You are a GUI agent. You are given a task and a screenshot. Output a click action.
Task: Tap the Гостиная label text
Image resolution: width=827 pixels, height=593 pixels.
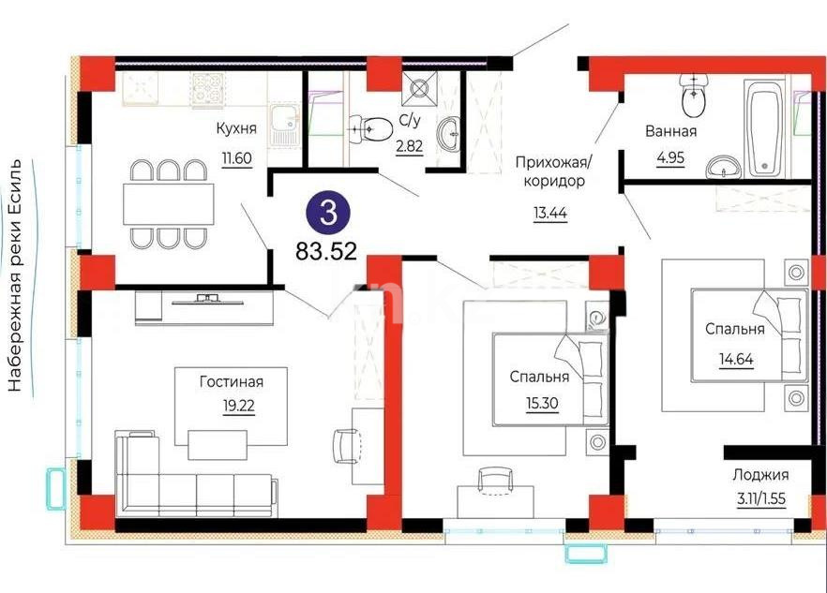click(231, 381)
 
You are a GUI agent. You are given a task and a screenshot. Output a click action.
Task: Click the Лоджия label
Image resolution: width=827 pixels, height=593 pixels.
click(761, 475)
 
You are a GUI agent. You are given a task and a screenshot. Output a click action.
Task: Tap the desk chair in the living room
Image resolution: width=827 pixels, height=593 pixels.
click(346, 442)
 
